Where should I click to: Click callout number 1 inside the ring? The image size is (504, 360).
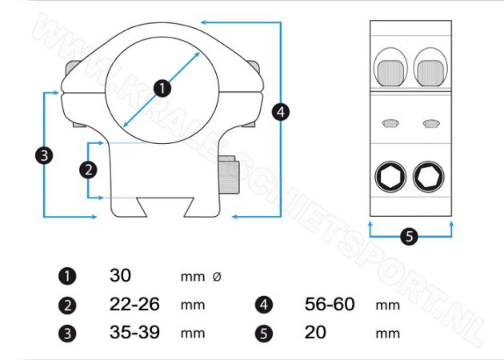[162, 88]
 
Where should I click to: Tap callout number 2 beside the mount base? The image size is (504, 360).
[88, 170]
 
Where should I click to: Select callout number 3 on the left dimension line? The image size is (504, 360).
[44, 155]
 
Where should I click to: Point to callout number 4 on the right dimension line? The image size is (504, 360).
[281, 112]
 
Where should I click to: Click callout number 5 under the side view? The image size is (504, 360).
[409, 237]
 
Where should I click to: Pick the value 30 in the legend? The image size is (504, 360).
[120, 275]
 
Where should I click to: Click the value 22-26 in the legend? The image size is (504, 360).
[134, 304]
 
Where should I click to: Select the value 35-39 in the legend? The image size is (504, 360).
[134, 332]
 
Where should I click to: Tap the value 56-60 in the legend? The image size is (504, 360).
[330, 304]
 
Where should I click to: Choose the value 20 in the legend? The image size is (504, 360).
[315, 332]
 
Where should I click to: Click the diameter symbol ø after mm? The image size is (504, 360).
[217, 276]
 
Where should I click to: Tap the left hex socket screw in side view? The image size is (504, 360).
[390, 177]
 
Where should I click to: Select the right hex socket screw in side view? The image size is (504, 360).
[429, 177]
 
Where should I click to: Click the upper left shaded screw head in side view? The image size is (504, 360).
[390, 73]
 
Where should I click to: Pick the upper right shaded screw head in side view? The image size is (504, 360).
[430, 73]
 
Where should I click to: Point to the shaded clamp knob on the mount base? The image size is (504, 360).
[229, 175]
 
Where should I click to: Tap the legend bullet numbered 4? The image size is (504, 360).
[263, 305]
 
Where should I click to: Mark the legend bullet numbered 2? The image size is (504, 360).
[67, 305]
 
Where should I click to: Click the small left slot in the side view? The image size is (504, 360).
[390, 123]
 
